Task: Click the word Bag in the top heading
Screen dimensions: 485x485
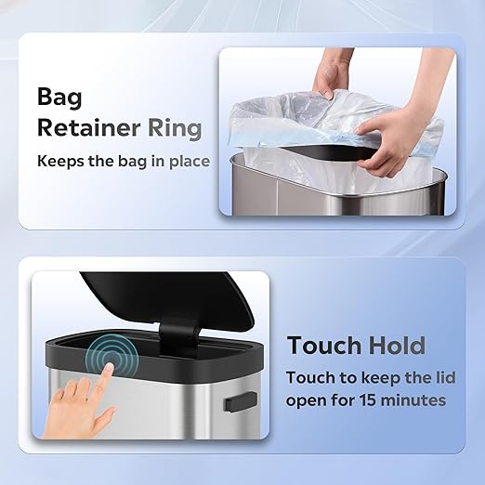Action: (59, 98)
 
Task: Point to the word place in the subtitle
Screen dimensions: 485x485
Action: (190, 162)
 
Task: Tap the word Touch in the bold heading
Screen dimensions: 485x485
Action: (324, 345)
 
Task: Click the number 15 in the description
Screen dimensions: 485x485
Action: (368, 400)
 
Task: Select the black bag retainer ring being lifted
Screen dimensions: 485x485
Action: (332, 151)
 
